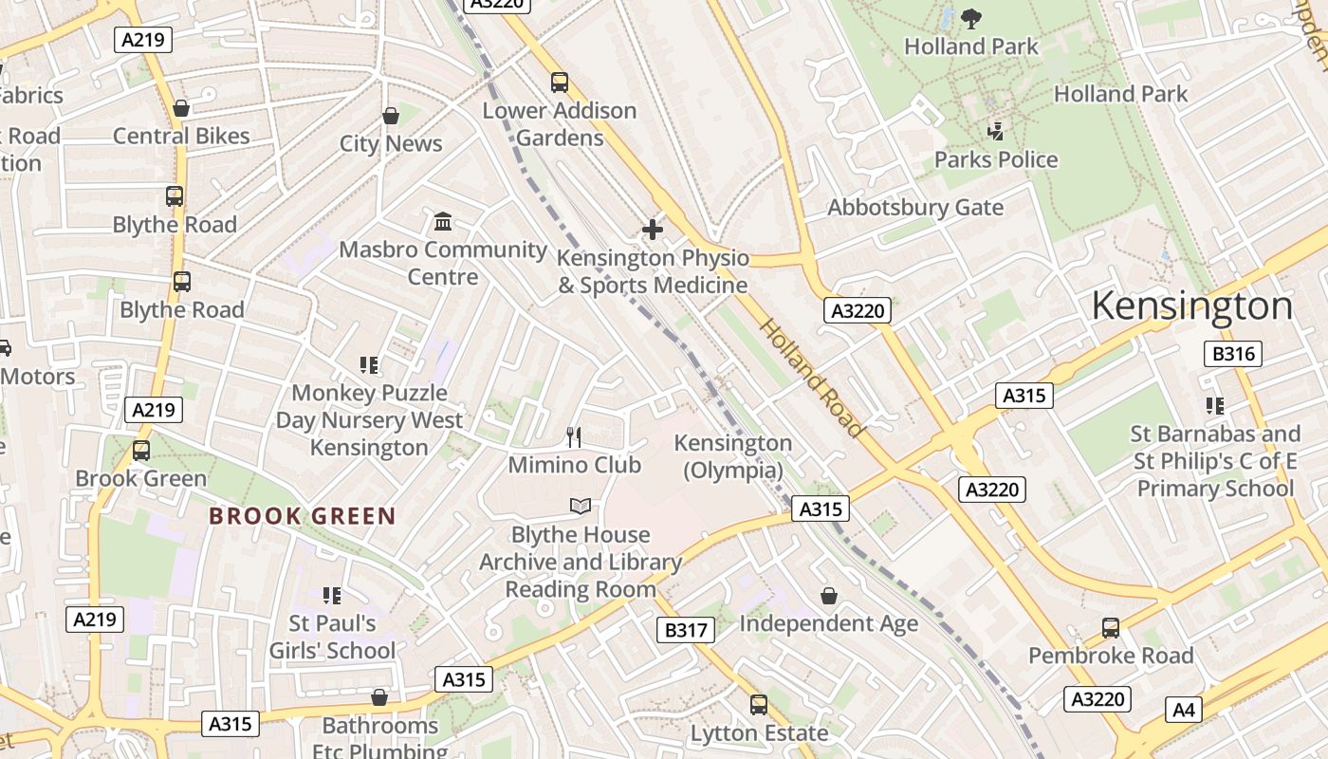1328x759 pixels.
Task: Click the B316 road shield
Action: (1233, 355)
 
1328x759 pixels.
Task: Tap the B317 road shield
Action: (685, 629)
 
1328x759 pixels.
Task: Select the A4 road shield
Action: (1185, 709)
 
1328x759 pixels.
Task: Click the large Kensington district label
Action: (1191, 306)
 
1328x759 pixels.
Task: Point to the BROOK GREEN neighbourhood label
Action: (302, 516)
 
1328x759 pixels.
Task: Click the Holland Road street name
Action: (813, 378)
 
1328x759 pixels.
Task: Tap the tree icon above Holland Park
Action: (970, 18)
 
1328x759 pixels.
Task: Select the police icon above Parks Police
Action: (995, 131)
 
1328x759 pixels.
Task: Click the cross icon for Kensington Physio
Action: (653, 230)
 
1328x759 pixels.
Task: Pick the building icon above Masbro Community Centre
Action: (442, 222)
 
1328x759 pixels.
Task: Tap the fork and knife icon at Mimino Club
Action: (573, 436)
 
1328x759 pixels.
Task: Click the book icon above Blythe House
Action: (581, 507)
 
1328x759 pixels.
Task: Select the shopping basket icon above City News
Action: (391, 116)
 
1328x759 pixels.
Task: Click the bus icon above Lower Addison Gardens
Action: (560, 83)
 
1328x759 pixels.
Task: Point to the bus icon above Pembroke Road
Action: (1110, 627)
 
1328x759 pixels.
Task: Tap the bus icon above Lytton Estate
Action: (758, 705)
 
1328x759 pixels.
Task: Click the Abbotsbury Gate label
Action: (915, 207)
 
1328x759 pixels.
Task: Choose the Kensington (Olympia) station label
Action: (732, 456)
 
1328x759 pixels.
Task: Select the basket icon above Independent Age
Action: (828, 596)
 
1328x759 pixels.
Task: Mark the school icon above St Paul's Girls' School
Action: (331, 596)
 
